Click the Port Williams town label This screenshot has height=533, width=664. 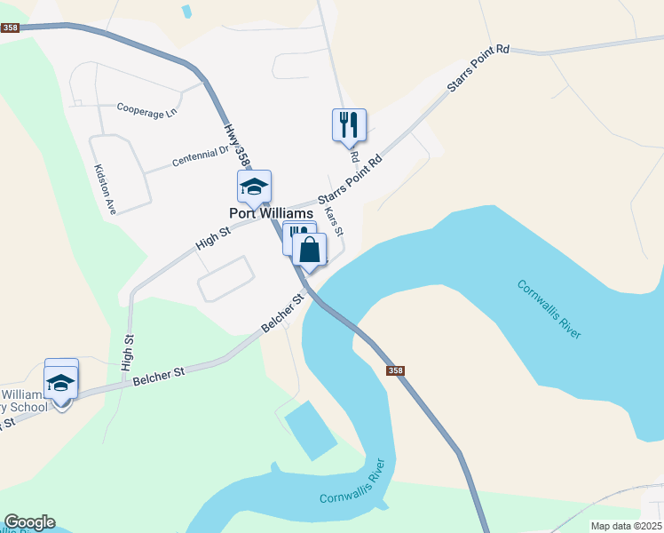271,214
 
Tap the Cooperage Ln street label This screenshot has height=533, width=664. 147,110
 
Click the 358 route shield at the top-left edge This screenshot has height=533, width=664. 10,28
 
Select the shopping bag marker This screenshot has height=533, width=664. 309,250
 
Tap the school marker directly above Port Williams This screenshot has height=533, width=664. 254,187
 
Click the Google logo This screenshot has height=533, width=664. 29,522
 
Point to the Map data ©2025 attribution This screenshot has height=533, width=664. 626,526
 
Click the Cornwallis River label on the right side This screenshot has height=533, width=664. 549,308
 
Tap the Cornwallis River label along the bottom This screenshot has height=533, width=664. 353,483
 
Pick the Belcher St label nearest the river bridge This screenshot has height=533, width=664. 283,314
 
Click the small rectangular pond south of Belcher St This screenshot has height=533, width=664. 311,429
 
